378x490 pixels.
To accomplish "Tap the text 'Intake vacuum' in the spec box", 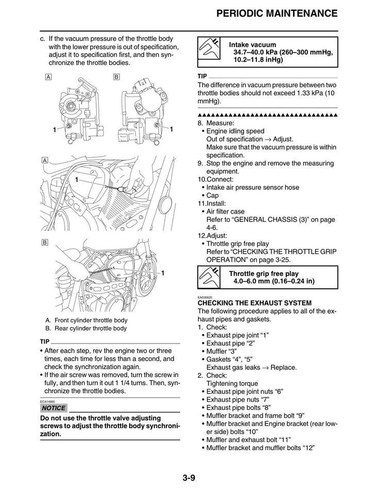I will tap(252, 45).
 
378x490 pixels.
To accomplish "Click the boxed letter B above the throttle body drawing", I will tap(116, 77).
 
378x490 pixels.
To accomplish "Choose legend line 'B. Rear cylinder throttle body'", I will tap(85, 328).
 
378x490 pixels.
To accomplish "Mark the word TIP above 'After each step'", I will tap(45, 341).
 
